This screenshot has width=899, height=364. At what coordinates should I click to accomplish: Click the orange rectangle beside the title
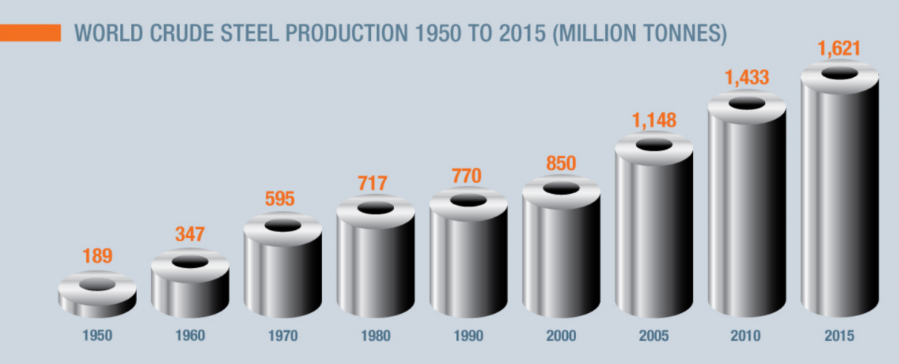pyautogui.click(x=30, y=34)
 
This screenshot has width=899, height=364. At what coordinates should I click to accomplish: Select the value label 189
pyautogui.click(x=97, y=256)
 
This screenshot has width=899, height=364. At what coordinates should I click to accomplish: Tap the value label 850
pyautogui.click(x=560, y=163)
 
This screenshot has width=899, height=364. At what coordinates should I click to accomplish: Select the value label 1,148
pyautogui.click(x=653, y=120)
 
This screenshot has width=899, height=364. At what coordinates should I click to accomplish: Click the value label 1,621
pyautogui.click(x=839, y=50)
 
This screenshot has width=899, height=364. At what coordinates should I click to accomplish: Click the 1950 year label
pyautogui.click(x=97, y=336)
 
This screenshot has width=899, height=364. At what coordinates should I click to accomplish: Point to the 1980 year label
pyautogui.click(x=375, y=336)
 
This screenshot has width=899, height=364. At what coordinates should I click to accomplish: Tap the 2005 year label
pyautogui.click(x=654, y=336)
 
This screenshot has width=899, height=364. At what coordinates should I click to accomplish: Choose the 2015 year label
pyautogui.click(x=840, y=336)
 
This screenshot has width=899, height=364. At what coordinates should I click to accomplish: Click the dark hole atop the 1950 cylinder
pyautogui.click(x=97, y=285)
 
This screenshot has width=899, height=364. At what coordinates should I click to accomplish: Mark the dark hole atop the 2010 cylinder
pyautogui.click(x=747, y=103)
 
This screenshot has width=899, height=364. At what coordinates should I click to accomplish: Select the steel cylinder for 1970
pyautogui.click(x=282, y=273)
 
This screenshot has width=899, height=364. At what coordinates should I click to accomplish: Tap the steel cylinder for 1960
pyautogui.click(x=190, y=288)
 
